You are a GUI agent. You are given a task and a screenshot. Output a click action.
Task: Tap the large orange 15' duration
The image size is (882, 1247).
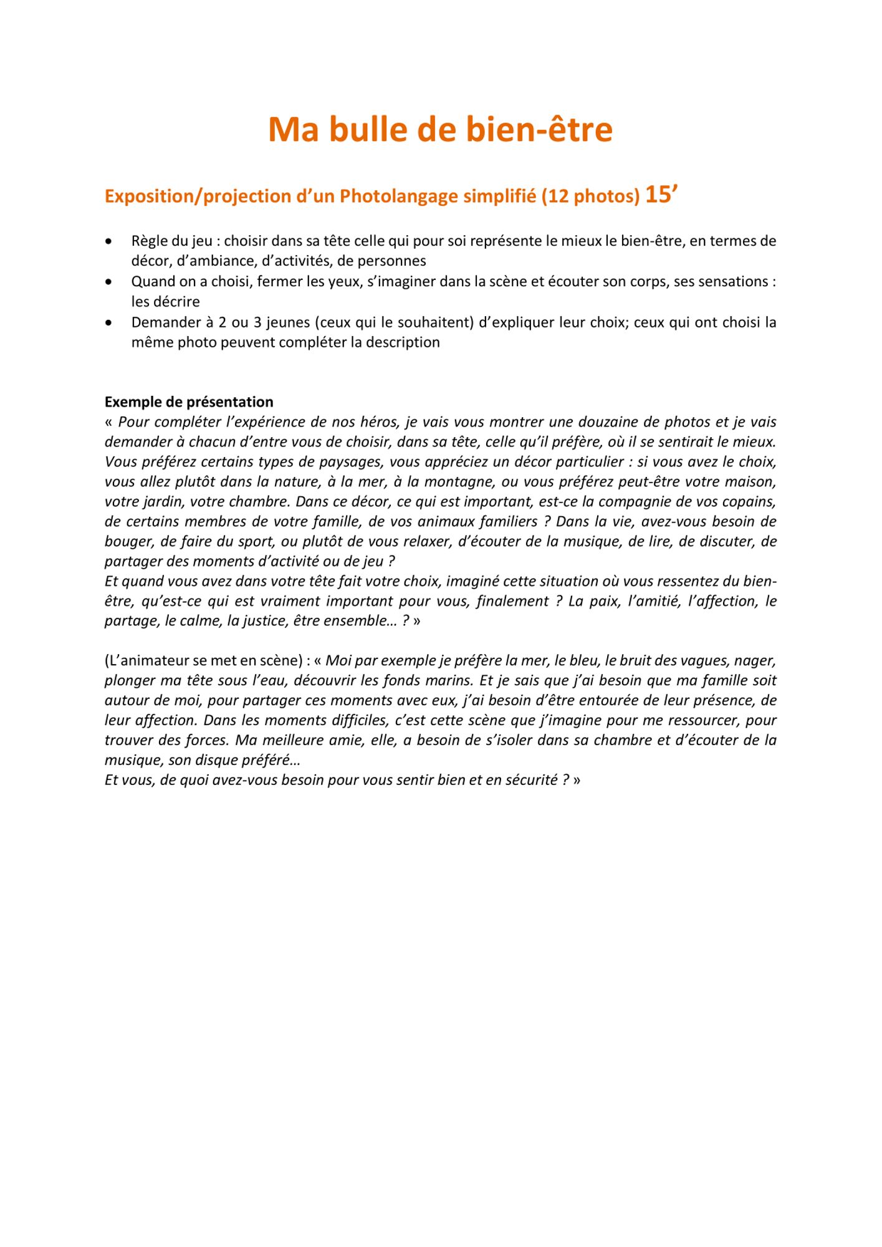pos(661,195)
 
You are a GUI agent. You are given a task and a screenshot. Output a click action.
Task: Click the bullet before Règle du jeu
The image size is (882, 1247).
pos(110,241)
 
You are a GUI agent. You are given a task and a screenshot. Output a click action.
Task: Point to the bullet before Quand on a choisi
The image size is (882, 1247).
pos(110,282)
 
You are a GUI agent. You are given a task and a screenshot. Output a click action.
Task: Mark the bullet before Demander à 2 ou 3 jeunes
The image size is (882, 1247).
pos(110,323)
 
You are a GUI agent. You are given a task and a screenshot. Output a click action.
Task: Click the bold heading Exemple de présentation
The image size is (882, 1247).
pos(189,402)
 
